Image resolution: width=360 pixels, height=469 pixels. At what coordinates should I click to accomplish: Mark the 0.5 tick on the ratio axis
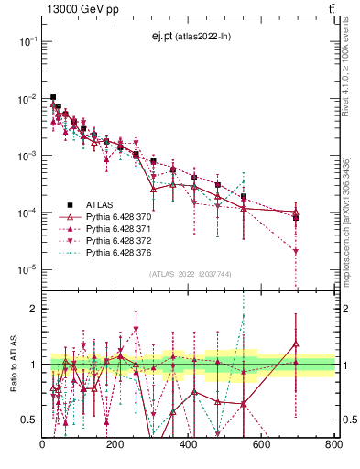30,420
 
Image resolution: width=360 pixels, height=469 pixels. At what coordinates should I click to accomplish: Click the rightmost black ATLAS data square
296,217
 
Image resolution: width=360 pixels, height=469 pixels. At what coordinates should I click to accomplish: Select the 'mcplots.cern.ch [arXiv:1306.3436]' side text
349,220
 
